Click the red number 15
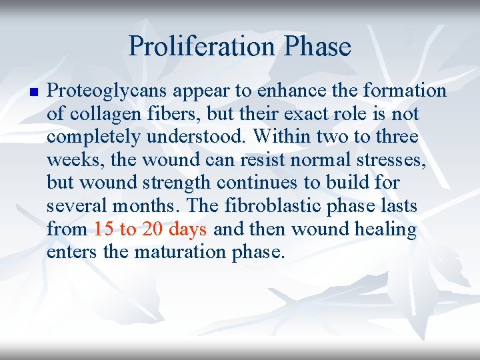[x=103, y=230]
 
